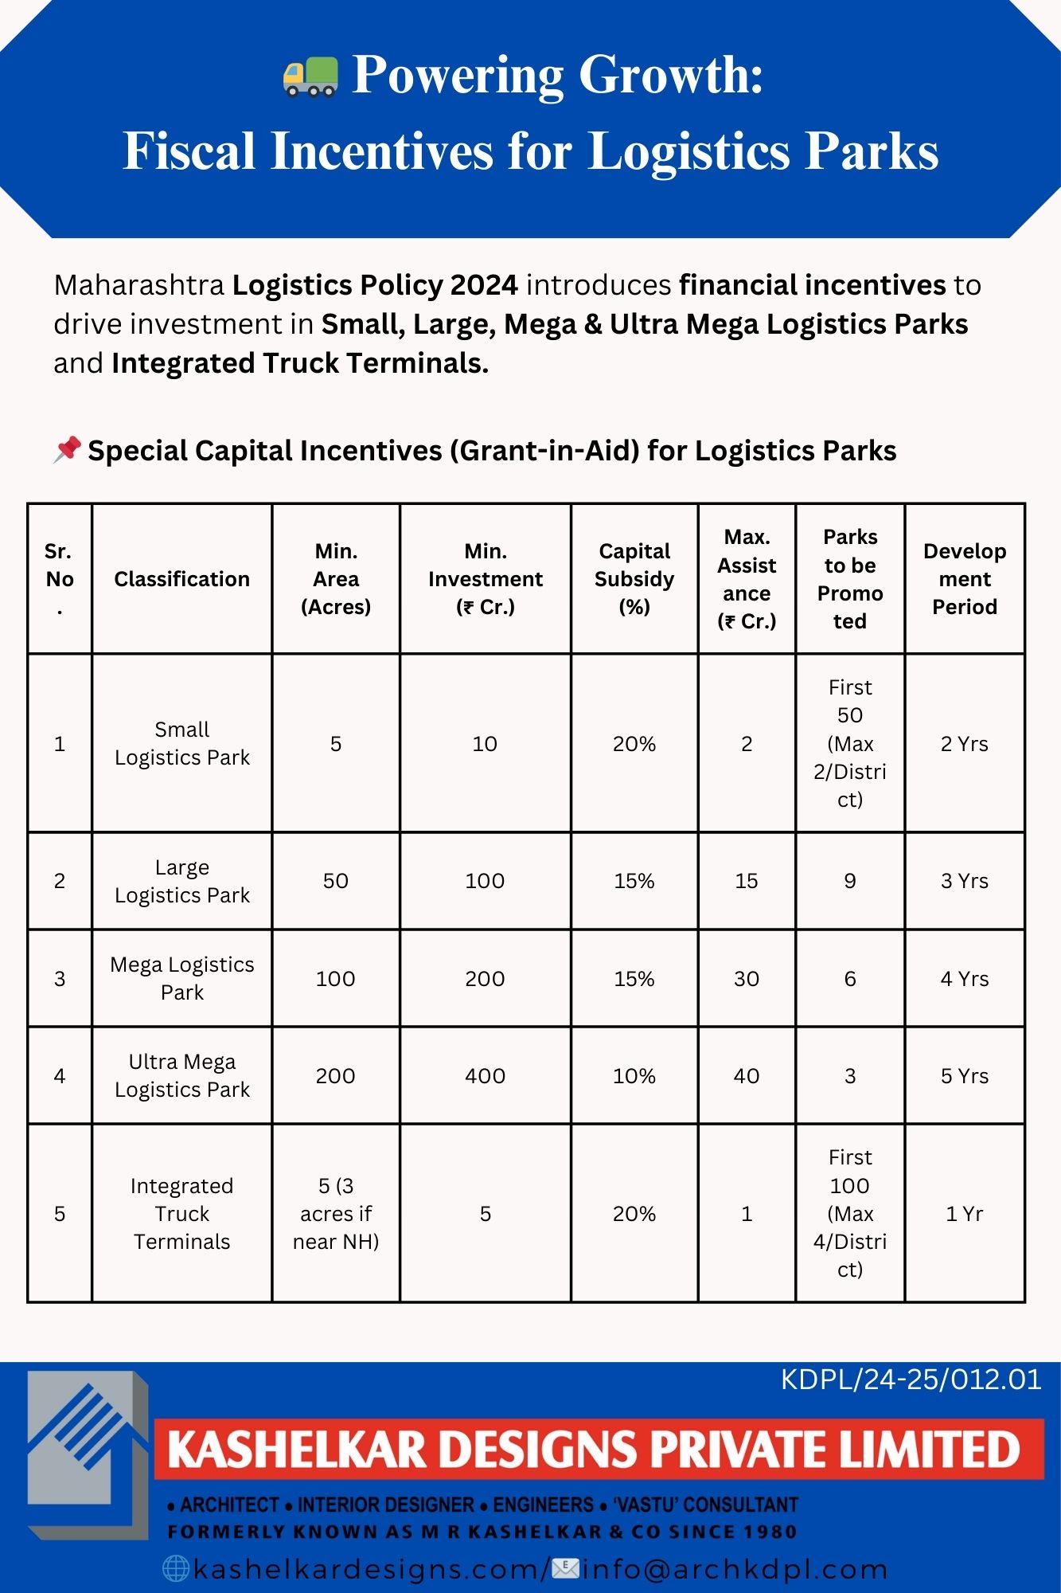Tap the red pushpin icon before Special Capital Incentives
[x=68, y=449]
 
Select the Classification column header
[x=181, y=579]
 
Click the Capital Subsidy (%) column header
[x=634, y=579]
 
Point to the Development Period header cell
[x=964, y=579]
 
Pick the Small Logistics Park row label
[x=181, y=743]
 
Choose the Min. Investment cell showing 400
[x=485, y=1076]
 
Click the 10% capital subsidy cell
[x=634, y=1076]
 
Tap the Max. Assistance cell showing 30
[x=746, y=979]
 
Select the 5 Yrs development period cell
[x=964, y=1076]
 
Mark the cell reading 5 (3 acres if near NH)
[x=335, y=1214]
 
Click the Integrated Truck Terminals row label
[x=181, y=1214]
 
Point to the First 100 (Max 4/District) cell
[x=849, y=1214]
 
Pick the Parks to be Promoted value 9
[x=849, y=881]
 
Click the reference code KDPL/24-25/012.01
[x=911, y=1380]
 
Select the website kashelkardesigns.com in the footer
[x=366, y=1569]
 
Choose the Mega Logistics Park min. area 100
[x=335, y=979]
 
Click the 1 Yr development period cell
[x=964, y=1214]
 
